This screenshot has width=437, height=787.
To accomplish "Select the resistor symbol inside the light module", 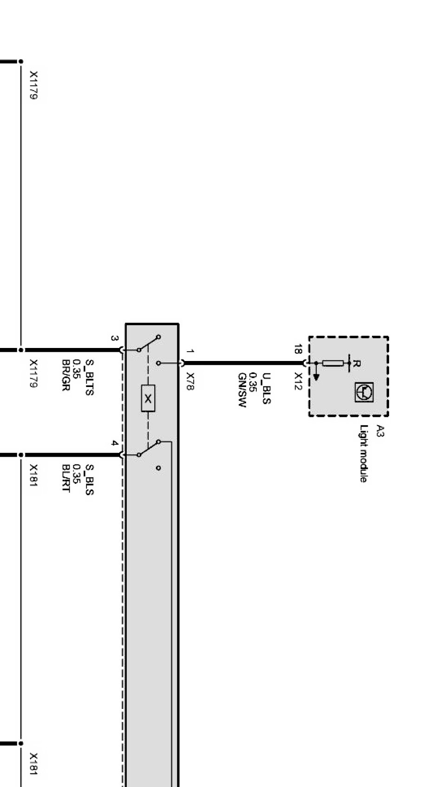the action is pos(333,363).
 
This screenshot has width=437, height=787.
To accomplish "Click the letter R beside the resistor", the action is pos(356,363).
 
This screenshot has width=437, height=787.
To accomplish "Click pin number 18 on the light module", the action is pos(298,349).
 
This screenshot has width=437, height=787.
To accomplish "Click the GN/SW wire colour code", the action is pos(241,390).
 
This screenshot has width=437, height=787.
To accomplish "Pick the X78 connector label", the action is pos(189,381).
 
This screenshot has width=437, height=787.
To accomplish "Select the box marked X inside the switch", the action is pos(148,399).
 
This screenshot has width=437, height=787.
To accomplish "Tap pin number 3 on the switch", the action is pos(115,338).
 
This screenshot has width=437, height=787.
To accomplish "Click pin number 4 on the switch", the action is pos(115,443).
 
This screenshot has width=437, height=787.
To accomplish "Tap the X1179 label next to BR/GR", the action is pos(33,373).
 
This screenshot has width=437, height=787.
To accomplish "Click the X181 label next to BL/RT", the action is pos(33,476).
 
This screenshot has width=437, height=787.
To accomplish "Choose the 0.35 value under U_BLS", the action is pos(254,382).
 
